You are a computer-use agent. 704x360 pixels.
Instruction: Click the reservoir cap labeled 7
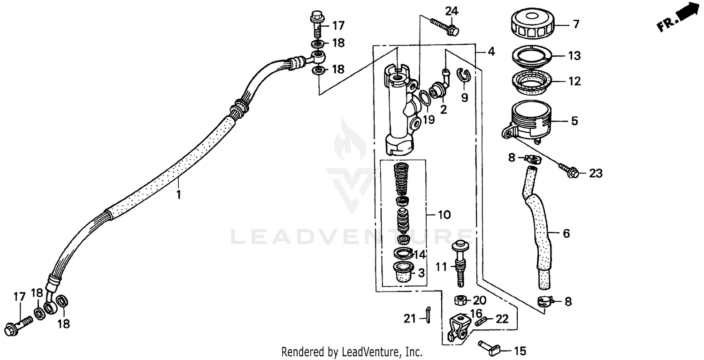tap(531, 25)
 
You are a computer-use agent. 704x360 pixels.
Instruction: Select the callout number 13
tap(574, 55)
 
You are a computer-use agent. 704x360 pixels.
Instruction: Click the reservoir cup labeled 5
tap(530, 121)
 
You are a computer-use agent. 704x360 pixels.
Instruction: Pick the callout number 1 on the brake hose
tap(178, 194)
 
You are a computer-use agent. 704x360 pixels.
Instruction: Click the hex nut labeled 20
tap(460, 300)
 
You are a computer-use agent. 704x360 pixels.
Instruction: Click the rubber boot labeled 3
tap(403, 272)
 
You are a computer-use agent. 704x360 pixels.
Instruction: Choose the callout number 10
tap(444, 215)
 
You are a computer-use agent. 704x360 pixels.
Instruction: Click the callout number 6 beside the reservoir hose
tap(566, 233)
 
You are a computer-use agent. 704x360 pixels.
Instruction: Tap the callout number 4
tap(490, 52)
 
